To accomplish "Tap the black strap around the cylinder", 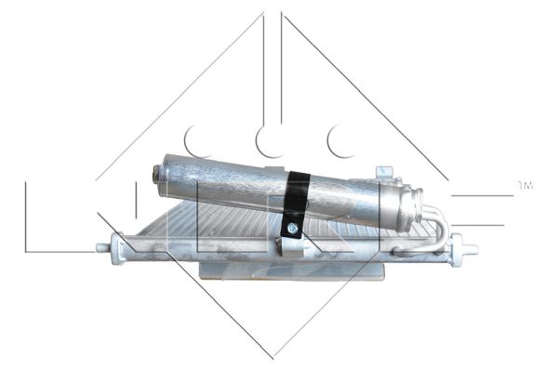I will pos(297,196).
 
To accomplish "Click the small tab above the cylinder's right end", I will pos(383,173).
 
